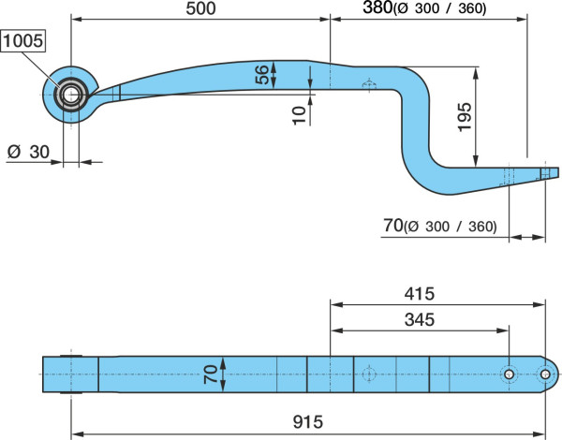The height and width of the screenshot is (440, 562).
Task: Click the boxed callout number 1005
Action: [x=23, y=41]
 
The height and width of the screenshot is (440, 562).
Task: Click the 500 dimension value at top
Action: [x=200, y=8]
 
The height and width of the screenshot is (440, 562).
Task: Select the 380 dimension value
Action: [x=377, y=7]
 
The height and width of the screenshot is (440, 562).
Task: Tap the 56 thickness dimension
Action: [x=262, y=75]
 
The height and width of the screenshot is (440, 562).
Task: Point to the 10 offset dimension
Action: [x=300, y=115]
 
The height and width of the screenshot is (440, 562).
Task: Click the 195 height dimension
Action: [x=465, y=117]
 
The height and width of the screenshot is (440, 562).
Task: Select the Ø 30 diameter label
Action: [x=28, y=152]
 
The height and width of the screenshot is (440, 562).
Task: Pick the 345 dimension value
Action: [x=420, y=319]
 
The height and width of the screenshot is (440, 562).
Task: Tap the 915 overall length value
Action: [x=308, y=421]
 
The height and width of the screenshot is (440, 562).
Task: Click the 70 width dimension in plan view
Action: [x=211, y=374]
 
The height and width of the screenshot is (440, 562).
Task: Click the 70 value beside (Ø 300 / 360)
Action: [x=393, y=226]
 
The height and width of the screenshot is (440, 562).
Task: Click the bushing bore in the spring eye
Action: [x=70, y=95]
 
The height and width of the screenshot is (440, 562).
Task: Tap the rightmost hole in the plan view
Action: [x=545, y=374]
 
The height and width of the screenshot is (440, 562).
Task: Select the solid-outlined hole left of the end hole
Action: [x=509, y=374]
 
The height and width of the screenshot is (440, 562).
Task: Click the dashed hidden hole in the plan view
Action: [x=368, y=374]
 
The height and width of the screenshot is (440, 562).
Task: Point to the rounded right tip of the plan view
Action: [x=557, y=374]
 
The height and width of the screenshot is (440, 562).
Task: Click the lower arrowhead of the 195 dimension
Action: [x=476, y=162]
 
